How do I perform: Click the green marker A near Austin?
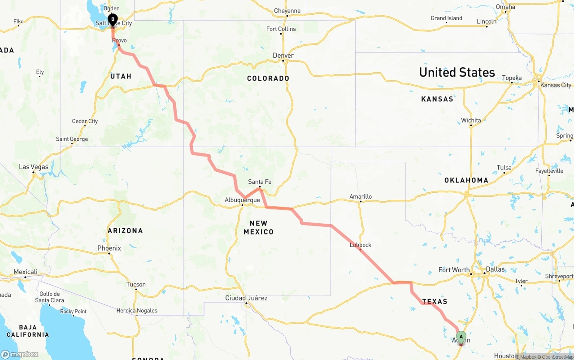[x=461, y=337]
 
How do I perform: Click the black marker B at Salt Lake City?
[x=113, y=20]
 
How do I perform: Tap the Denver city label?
[x=283, y=56]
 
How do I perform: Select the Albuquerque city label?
[x=243, y=200]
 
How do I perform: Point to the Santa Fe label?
[x=260, y=182]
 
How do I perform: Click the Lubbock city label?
[x=361, y=245]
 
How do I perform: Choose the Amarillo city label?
[x=361, y=196]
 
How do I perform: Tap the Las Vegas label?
[x=34, y=167]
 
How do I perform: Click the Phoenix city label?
[x=109, y=248]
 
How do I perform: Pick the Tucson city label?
[x=136, y=284]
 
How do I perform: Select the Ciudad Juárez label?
[x=246, y=298]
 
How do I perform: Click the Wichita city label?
[x=471, y=120]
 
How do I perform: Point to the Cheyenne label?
[x=287, y=11]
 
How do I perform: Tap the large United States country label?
[x=457, y=72]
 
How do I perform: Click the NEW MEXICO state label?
[x=258, y=227]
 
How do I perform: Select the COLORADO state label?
[x=268, y=78]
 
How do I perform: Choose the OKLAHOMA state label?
[x=466, y=180]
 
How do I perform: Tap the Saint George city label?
[x=72, y=139]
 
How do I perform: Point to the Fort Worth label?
[x=454, y=270]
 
